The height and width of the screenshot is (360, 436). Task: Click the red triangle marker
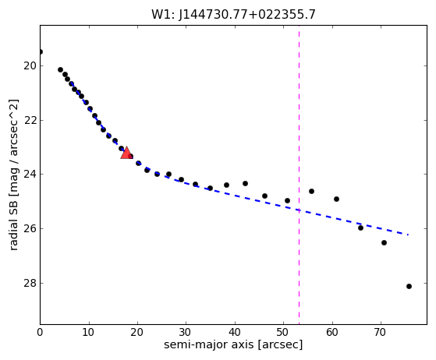coord(126,153)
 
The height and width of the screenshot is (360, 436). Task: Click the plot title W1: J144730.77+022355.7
coord(233,15)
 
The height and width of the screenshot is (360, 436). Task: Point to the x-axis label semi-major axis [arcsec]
coord(233,344)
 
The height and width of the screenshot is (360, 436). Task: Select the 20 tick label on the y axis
coord(30,66)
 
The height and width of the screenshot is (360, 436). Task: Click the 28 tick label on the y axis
coord(30,284)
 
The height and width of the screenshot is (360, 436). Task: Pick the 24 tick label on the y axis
coord(30,175)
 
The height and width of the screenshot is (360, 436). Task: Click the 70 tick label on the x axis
coord(381,332)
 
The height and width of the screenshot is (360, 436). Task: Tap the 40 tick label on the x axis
coord(235,332)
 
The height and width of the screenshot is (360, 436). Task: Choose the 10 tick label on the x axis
coord(89,332)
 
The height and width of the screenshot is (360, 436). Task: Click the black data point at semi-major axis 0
coord(41,51)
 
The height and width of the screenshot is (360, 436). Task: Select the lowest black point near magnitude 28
coord(409,287)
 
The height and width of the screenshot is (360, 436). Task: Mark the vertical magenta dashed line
coord(300,175)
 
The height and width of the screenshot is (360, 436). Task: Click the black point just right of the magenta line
coord(311,192)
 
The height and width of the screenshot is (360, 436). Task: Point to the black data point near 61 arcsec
coord(336,199)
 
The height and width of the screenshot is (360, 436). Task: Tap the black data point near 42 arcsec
coord(245,184)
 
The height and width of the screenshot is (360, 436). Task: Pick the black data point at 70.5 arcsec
coord(384,243)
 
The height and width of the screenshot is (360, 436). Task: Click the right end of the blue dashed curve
coord(408,235)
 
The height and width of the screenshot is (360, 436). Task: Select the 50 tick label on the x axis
coord(284,332)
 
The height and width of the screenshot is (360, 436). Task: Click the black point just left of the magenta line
coord(288,200)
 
